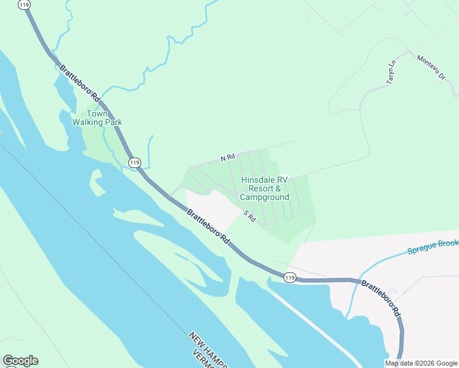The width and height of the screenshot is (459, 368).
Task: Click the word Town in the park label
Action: (98, 113)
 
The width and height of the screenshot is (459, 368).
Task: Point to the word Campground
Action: (264, 197)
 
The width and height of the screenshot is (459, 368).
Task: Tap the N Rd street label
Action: (228, 158)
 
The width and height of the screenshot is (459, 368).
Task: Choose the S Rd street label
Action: (249, 216)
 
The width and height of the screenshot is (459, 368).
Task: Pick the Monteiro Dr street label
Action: (431, 67)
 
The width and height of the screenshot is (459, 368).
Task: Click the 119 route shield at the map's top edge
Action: (24, 4)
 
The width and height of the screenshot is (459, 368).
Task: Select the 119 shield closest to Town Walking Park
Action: (134, 163)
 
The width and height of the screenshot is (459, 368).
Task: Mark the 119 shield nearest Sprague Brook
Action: (290, 278)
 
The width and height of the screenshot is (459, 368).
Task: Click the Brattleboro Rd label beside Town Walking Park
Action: (78, 83)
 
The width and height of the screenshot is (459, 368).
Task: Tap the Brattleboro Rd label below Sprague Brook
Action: (380, 297)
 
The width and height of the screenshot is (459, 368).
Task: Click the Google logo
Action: (20, 361)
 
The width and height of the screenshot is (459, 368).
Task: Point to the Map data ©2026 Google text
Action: (422, 363)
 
